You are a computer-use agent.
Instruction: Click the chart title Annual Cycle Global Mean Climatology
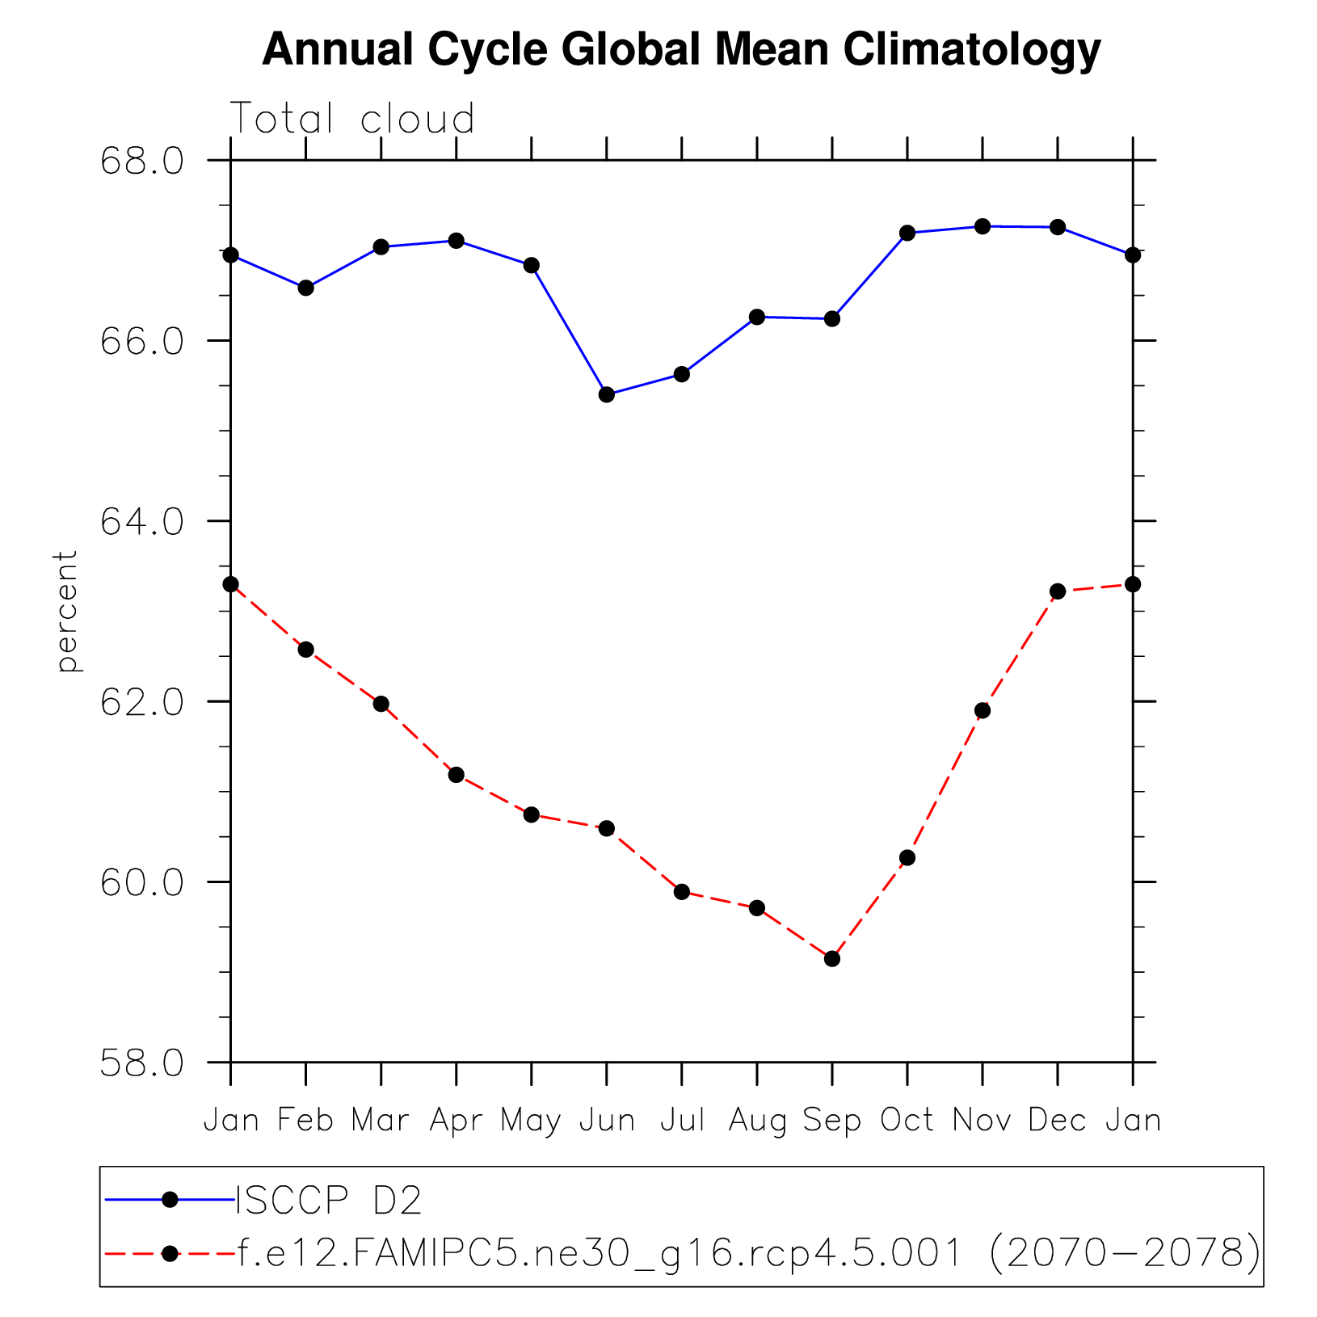point(681,50)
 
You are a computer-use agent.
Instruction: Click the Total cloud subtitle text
point(352,119)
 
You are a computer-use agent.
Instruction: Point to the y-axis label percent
point(67,611)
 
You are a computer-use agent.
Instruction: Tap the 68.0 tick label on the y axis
point(141,161)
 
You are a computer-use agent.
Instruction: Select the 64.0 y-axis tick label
point(141,522)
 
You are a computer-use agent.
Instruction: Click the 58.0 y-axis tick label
point(141,1063)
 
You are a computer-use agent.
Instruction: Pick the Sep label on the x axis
point(831,1121)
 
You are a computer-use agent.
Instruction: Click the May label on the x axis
point(531,1121)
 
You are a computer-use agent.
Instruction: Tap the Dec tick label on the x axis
point(1057,1121)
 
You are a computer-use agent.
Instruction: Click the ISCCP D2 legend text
point(328,1201)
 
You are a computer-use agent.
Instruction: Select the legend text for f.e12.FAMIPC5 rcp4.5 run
point(747,1253)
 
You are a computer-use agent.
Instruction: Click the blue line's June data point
point(607,394)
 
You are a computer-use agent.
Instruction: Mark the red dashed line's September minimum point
point(832,958)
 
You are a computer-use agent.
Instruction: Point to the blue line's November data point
point(982,226)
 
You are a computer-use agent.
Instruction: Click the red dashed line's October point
point(907,857)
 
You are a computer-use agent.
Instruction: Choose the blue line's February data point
point(305,288)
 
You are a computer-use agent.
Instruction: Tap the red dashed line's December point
point(1058,591)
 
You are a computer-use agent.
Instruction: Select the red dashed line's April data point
point(456,774)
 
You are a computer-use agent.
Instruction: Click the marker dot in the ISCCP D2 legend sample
point(170,1200)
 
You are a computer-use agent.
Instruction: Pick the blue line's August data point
point(757,317)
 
